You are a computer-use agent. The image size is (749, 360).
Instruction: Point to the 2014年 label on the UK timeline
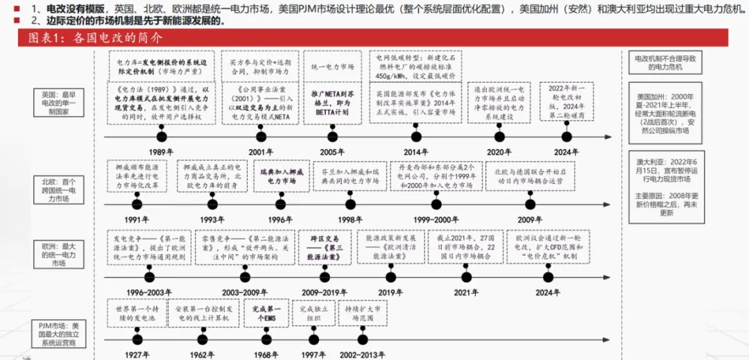(415, 152)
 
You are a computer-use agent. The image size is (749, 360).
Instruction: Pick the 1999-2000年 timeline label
(435, 219)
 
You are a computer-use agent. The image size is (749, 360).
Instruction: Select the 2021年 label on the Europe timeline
(466, 292)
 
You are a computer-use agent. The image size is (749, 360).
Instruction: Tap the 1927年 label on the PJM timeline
(137, 354)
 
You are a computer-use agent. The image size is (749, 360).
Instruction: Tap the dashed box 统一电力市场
(332, 68)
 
